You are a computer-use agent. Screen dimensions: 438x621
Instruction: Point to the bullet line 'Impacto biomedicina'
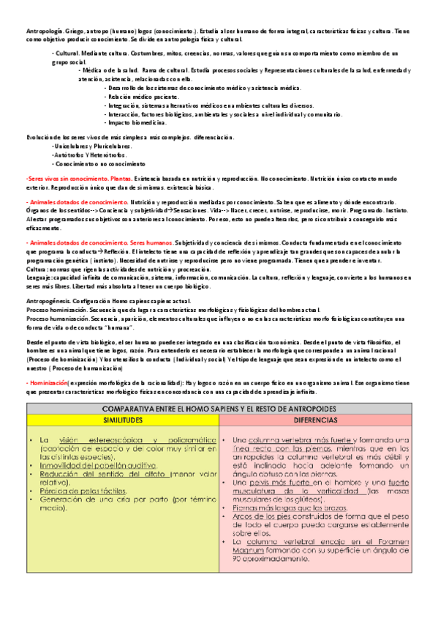pyautogui.click(x=136, y=122)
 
